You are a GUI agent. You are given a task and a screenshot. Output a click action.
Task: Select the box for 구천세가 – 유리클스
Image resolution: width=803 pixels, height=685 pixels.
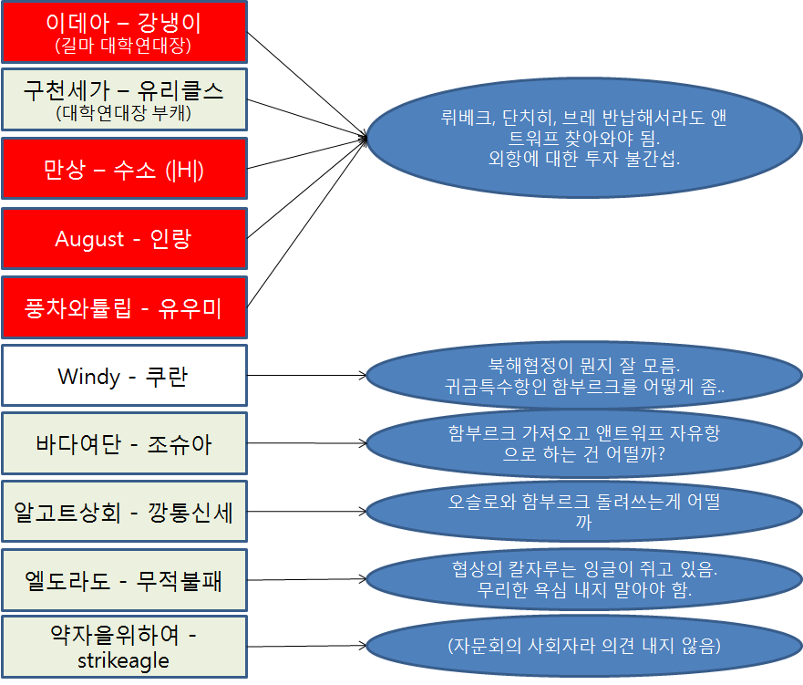point(124,99)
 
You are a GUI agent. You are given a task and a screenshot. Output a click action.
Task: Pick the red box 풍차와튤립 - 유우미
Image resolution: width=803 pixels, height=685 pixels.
point(124,308)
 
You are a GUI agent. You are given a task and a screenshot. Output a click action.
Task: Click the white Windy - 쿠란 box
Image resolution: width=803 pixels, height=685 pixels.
point(124,375)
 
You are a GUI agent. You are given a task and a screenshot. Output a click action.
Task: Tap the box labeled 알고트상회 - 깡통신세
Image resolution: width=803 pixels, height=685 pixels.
point(124,512)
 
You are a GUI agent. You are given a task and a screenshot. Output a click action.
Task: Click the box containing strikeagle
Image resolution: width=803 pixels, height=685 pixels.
point(124,647)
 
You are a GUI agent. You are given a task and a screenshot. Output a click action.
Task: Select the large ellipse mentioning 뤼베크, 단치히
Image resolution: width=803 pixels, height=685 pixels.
point(583,138)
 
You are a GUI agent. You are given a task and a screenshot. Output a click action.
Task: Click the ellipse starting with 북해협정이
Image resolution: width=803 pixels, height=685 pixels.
point(583,375)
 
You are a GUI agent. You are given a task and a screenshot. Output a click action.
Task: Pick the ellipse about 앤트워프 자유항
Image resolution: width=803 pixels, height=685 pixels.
point(583,443)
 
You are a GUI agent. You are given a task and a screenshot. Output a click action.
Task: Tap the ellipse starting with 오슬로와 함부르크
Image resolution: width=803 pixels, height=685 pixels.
point(583,512)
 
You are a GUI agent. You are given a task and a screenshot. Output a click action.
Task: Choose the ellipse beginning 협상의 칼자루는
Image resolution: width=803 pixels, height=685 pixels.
point(583,579)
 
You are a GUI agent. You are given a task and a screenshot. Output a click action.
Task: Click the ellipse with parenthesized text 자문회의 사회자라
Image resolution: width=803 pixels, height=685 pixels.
point(583,647)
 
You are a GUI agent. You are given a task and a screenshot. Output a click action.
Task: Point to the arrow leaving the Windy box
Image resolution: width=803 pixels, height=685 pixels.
point(305,375)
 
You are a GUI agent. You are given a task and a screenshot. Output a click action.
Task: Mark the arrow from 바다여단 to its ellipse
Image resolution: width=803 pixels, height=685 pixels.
point(305,443)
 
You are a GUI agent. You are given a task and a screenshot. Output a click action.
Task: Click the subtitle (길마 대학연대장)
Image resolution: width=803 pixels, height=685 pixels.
point(124,45)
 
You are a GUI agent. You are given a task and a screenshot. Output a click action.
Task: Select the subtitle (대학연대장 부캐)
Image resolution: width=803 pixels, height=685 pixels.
point(124,113)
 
